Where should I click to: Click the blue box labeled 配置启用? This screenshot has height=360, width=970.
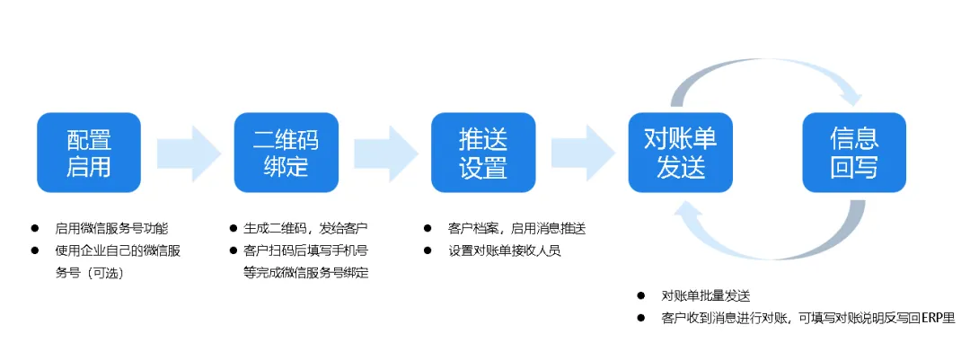pos(89,153)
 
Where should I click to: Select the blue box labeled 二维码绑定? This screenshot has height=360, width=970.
pos(286,153)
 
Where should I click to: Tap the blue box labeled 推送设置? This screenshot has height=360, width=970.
pos(482,153)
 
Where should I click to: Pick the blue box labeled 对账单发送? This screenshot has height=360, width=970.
pos(680,153)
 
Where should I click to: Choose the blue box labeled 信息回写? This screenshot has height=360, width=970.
pos(853,153)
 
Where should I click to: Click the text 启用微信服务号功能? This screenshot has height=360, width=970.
pos(112,228)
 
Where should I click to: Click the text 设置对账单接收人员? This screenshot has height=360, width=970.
pos(505,250)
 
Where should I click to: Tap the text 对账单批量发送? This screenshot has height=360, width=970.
pos(705,295)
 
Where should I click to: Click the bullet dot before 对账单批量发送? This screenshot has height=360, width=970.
pos(641,295)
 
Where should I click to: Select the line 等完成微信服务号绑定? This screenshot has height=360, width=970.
pos(305,273)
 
